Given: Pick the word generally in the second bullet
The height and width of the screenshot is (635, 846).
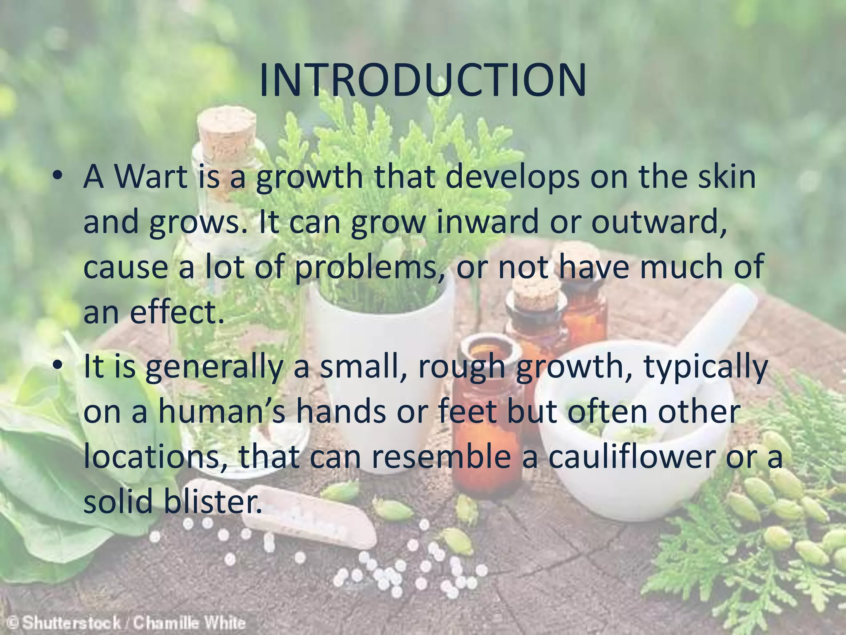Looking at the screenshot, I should point(214,367).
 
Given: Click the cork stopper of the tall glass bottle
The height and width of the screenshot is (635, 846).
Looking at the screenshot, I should point(226,128).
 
